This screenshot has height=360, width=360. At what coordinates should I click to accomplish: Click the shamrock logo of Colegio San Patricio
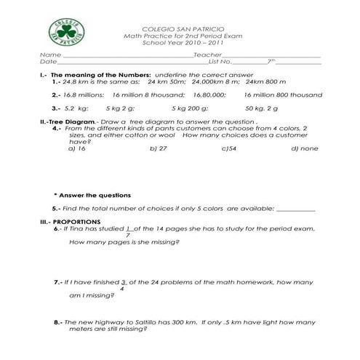pyautogui.click(x=66, y=32)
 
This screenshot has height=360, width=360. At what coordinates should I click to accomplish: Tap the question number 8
pyautogui.click(x=57, y=321)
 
